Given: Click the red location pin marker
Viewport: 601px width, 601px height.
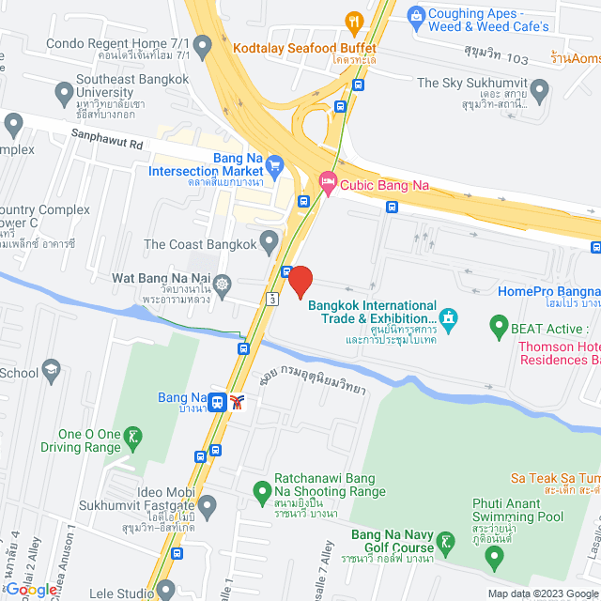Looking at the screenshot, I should coord(300,281).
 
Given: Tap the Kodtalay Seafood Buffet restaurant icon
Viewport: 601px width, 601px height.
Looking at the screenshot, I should coord(354,22).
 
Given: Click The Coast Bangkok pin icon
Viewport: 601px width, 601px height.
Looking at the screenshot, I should coord(270,245).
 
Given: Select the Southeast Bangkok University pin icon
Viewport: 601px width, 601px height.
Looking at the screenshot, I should coord(64,93).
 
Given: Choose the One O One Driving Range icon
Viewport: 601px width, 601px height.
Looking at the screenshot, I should coord(135,435).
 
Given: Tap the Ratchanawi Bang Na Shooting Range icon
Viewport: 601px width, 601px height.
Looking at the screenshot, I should coord(263,489).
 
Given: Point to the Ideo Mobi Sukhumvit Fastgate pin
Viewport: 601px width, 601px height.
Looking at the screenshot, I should coord(207,507).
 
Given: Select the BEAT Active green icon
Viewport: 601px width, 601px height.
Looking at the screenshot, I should coord(498,328).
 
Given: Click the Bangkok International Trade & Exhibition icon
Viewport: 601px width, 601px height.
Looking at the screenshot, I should coord(449,320).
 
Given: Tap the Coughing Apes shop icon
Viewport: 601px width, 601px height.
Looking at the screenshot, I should coord(414,16).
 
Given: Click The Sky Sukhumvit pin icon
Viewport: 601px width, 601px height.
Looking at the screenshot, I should coord(538,91).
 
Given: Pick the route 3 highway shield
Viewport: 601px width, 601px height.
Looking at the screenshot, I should coord(270,299).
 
